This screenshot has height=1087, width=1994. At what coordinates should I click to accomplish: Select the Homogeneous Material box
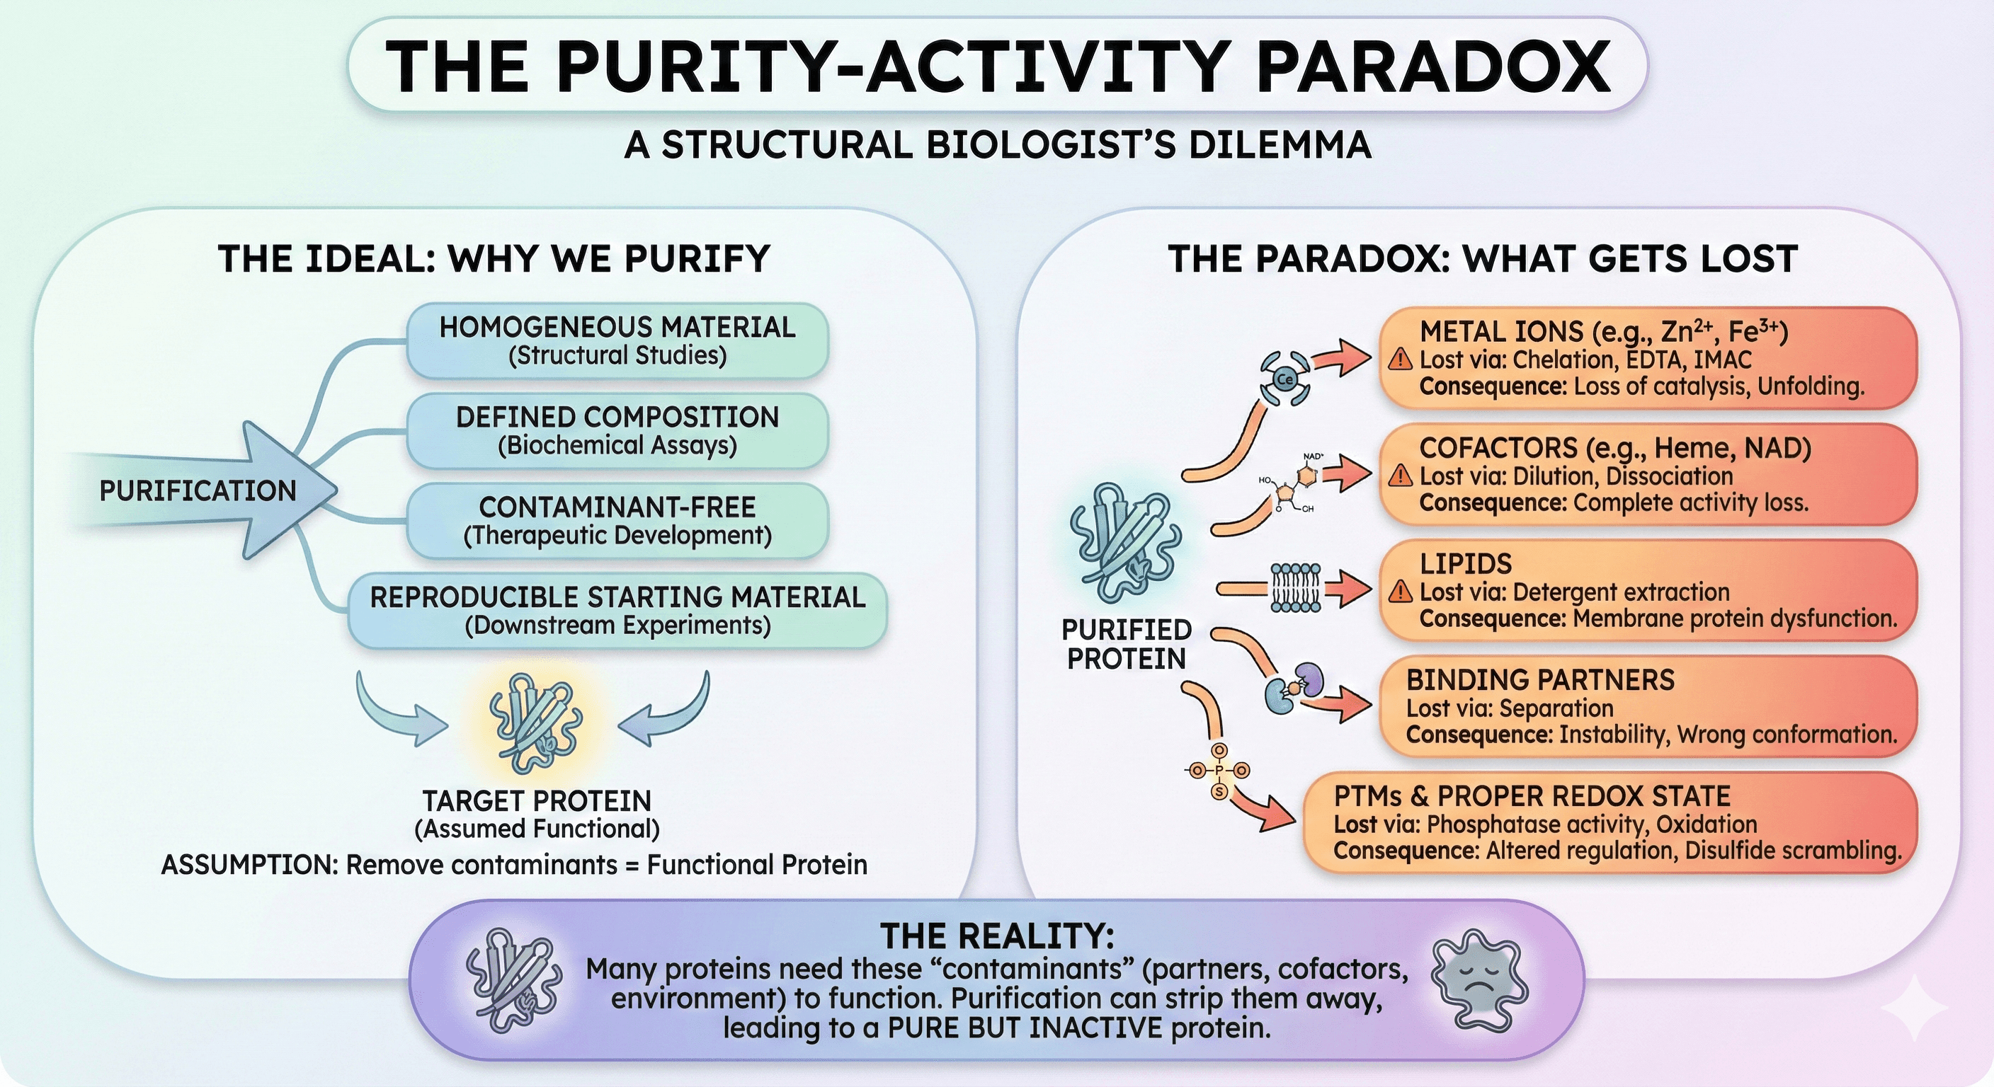coord(617,340)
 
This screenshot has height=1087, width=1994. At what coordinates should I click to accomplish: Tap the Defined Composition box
coord(617,430)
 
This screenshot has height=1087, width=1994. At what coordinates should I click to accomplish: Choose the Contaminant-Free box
coord(617,520)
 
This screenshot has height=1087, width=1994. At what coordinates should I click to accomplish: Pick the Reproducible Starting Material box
coord(617,611)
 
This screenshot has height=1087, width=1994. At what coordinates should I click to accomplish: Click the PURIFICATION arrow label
coord(198,490)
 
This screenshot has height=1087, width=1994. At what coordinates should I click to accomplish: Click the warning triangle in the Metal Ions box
coord(1399,360)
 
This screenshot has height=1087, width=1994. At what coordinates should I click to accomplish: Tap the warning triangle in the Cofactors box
coord(1399,476)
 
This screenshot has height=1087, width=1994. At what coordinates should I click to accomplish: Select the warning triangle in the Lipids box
coord(1399,592)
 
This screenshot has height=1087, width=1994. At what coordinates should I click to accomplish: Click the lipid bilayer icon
coord(1295,588)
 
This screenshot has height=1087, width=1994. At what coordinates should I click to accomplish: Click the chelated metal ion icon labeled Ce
coord(1286,379)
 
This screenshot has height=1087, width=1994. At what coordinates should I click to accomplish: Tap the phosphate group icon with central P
coord(1219,771)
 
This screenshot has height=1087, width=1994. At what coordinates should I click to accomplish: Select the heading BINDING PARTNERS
coord(1539,680)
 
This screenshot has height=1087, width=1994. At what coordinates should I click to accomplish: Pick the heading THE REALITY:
coord(997,936)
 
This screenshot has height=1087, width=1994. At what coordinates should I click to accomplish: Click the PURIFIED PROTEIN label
coord(1127,644)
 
